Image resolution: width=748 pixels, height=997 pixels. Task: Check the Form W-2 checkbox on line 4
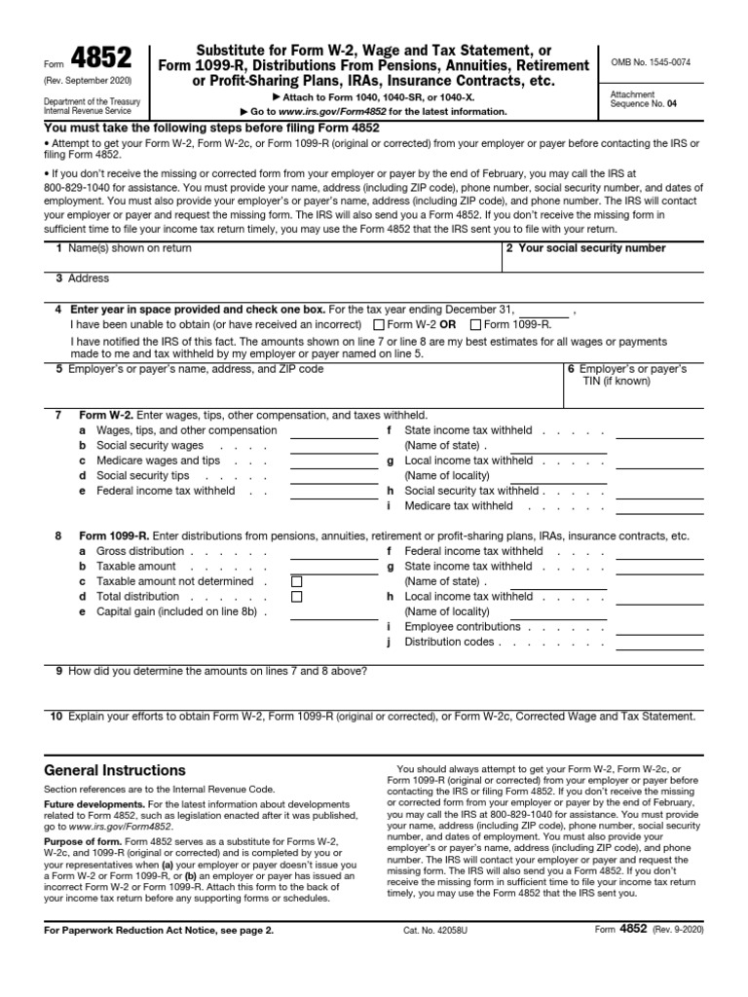pyautogui.click(x=379, y=324)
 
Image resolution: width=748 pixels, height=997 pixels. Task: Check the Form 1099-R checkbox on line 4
pyautogui.click(x=475, y=324)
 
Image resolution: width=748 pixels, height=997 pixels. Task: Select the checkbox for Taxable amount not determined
pyautogui.click(x=297, y=581)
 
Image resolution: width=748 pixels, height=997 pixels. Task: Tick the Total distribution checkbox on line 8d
pyautogui.click(x=297, y=597)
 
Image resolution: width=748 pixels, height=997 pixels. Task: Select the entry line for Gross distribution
pyautogui.click(x=334, y=555)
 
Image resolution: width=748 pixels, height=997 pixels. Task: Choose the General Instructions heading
pyautogui.click(x=115, y=769)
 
